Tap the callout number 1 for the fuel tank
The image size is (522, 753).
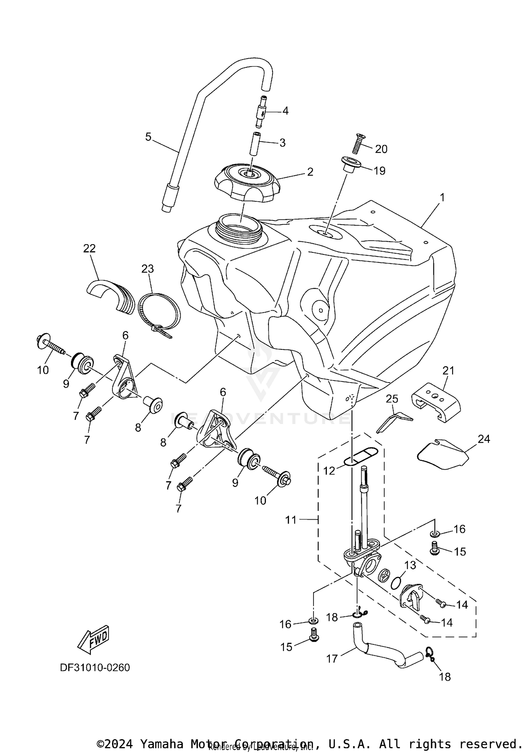(442, 198)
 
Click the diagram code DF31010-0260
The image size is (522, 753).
(95, 668)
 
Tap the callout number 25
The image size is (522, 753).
(392, 399)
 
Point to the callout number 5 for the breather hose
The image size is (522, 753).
(148, 137)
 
